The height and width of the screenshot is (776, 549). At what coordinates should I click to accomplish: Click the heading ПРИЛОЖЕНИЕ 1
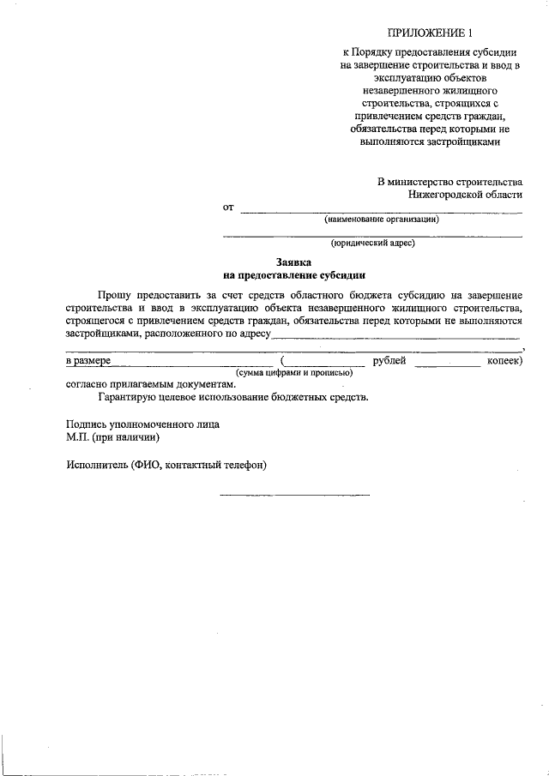pyautogui.click(x=430, y=34)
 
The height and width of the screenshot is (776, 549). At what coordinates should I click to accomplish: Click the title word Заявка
pyautogui.click(x=293, y=262)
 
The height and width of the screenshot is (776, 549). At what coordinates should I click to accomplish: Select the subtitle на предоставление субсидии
pyautogui.click(x=294, y=276)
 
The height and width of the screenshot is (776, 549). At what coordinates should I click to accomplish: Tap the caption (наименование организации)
pyautogui.click(x=382, y=220)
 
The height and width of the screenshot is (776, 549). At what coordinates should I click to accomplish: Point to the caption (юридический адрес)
pyautogui.click(x=373, y=244)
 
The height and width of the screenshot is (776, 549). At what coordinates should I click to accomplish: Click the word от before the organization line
pyautogui.click(x=228, y=208)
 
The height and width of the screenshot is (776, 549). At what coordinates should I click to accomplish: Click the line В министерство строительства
pyautogui.click(x=449, y=182)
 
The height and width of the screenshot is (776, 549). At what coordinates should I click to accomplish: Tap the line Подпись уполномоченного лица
pyautogui.click(x=142, y=424)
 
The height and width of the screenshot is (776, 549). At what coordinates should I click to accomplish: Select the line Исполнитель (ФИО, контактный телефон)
pyautogui.click(x=166, y=465)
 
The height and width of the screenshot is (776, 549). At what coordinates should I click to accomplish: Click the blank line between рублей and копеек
pyautogui.click(x=447, y=366)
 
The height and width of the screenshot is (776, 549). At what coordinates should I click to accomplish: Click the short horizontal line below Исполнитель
pyautogui.click(x=295, y=495)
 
